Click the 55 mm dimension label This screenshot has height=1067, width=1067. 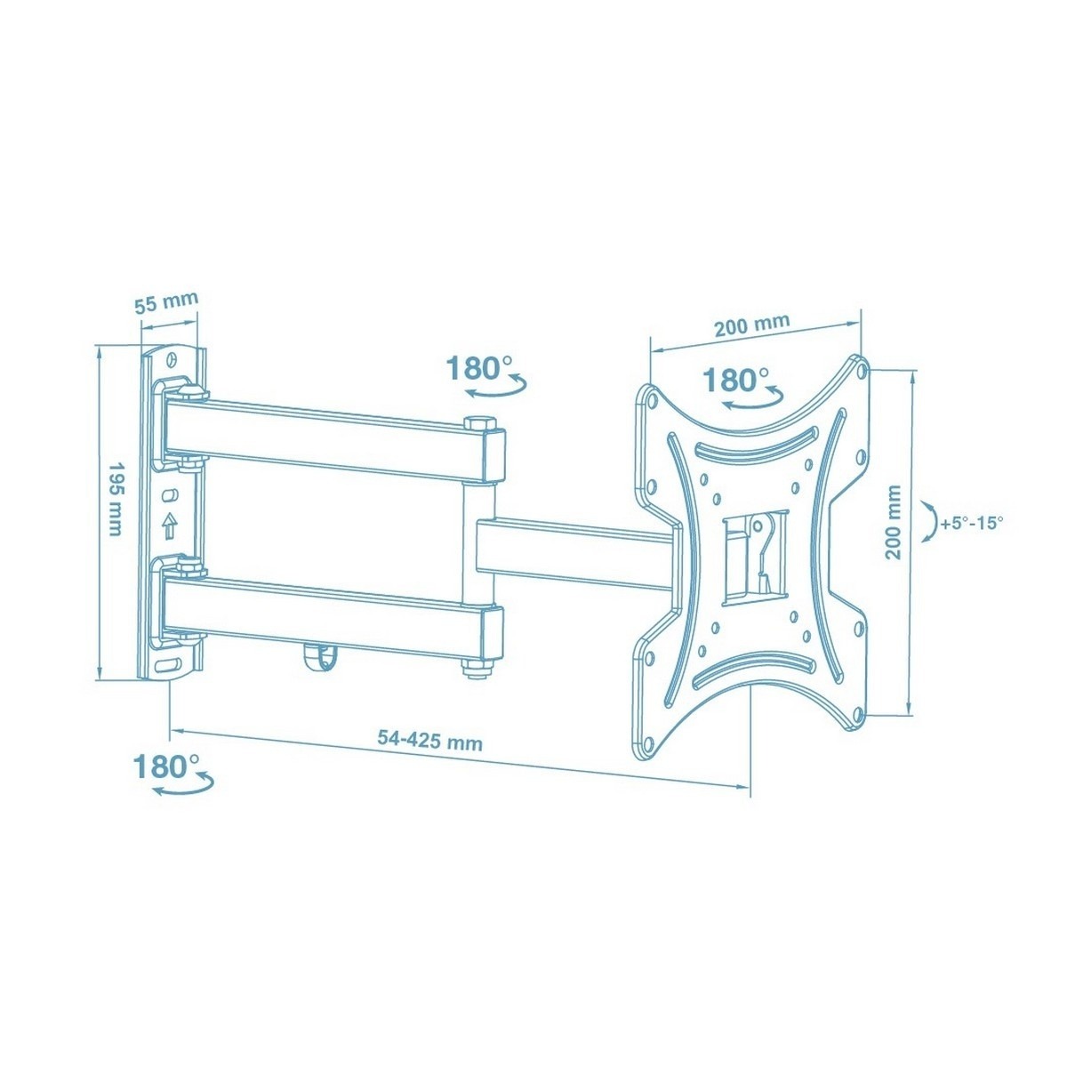pos(166,303)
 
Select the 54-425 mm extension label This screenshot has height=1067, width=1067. pos(429,741)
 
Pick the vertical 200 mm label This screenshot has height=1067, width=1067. pos(893,522)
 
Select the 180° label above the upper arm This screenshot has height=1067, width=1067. pos(479,367)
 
